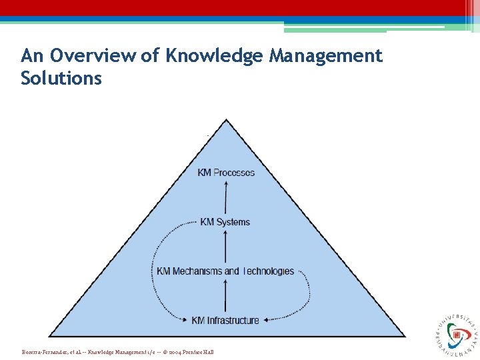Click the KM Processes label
pos(226,173)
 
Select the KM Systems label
pos(225,222)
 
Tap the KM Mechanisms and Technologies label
pos(225,271)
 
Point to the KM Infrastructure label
pos(225,321)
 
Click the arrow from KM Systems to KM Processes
pos(226,197)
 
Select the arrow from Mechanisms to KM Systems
pos(226,247)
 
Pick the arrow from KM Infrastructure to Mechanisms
pos(226,296)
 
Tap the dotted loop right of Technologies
pos(307,293)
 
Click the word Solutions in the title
pos(61,78)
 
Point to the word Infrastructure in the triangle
pos(233,321)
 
